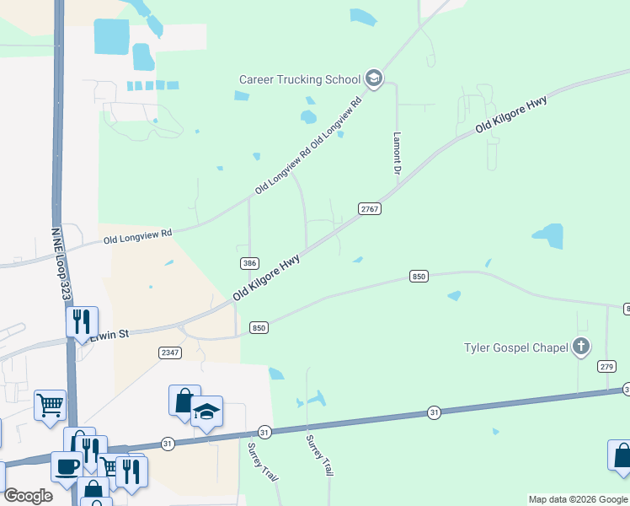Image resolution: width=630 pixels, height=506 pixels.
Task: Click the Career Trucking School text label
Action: pos(300,79)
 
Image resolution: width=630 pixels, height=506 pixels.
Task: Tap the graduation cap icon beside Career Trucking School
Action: pos(374,80)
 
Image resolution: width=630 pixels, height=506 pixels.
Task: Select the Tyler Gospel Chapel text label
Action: pos(515,347)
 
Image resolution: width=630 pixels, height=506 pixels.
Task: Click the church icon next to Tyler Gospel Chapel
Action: pos(580,346)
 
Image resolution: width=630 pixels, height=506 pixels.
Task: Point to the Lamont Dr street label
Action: pos(397,153)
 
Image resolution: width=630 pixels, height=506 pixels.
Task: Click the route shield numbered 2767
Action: pos(370,208)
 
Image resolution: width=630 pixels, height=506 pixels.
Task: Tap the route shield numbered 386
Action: pos(248,262)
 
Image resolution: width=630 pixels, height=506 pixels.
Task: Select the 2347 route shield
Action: pos(170,353)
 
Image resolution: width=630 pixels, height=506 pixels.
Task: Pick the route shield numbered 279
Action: pos(607,366)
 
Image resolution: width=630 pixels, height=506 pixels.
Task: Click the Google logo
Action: pos(28,496)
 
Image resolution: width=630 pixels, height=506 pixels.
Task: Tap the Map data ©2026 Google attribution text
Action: pos(578,499)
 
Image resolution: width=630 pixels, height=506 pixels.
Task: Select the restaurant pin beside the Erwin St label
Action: pos(82,321)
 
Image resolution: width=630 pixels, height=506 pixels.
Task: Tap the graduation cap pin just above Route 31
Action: pos(206,412)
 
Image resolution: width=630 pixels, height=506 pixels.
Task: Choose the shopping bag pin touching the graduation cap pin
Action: pos(184,401)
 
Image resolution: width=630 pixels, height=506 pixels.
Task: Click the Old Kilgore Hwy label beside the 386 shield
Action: pos(266,277)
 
